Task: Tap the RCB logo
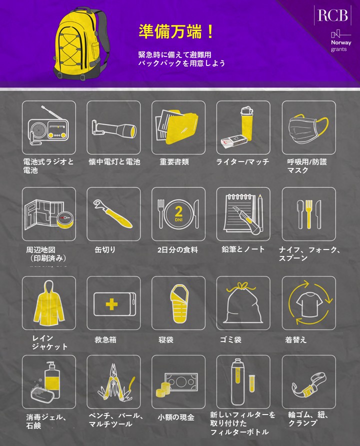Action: [332, 15]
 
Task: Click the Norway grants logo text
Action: [340, 45]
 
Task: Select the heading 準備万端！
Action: [176, 31]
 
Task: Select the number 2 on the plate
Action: [178, 211]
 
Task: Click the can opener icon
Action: [113, 213]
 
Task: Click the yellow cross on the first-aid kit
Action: [111, 304]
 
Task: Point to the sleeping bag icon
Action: [179, 303]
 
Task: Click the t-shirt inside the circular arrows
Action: [309, 304]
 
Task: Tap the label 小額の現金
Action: [176, 417]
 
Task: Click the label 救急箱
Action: [105, 339]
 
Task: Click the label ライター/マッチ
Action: [242, 162]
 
